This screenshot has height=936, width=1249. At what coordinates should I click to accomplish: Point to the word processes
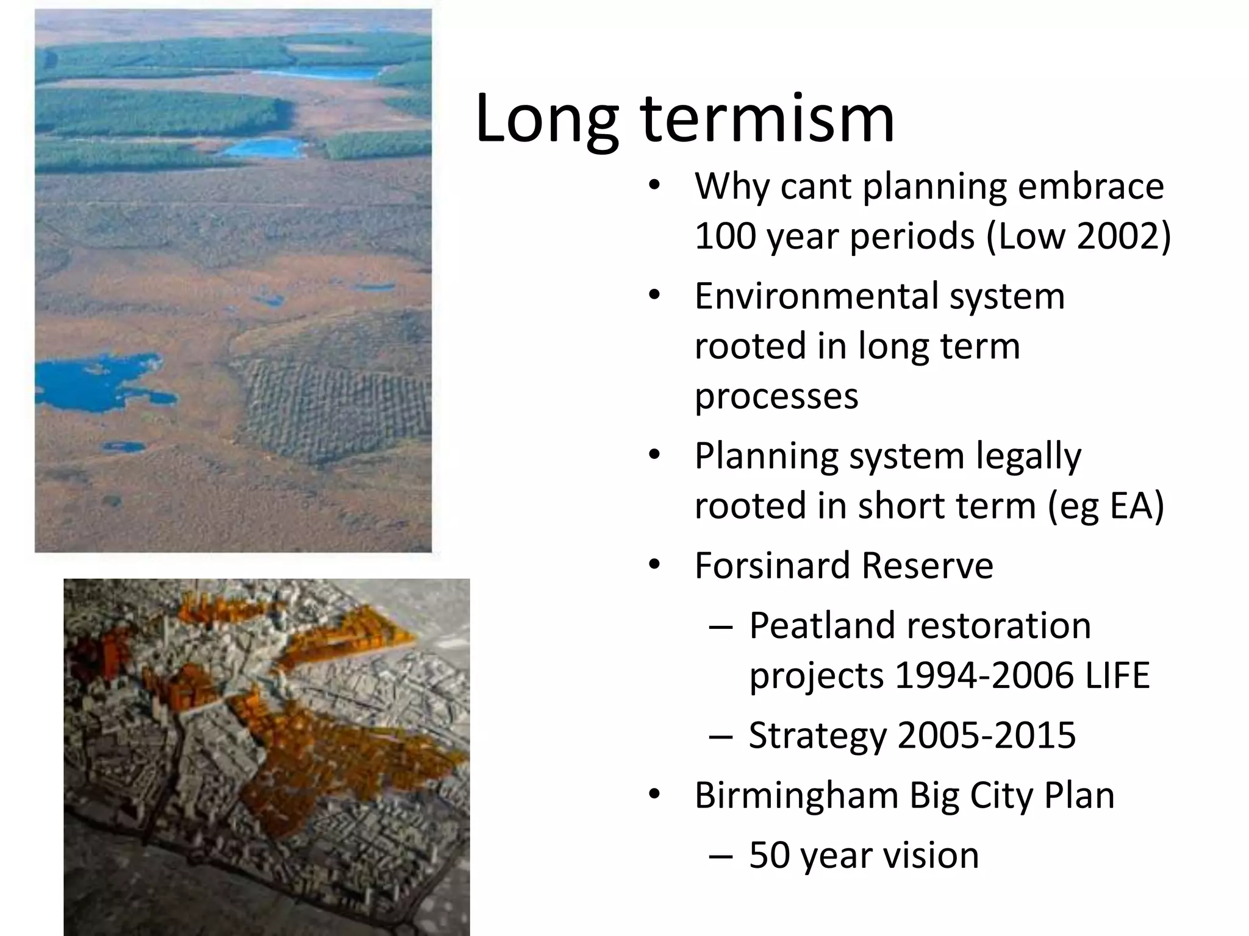click(x=776, y=397)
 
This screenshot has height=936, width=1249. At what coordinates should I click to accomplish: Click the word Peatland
click(x=828, y=626)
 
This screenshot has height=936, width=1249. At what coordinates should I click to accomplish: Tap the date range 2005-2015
click(x=987, y=736)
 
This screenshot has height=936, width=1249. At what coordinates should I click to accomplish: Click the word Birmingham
click(x=796, y=795)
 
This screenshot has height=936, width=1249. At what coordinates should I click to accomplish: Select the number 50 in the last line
click(x=769, y=855)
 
